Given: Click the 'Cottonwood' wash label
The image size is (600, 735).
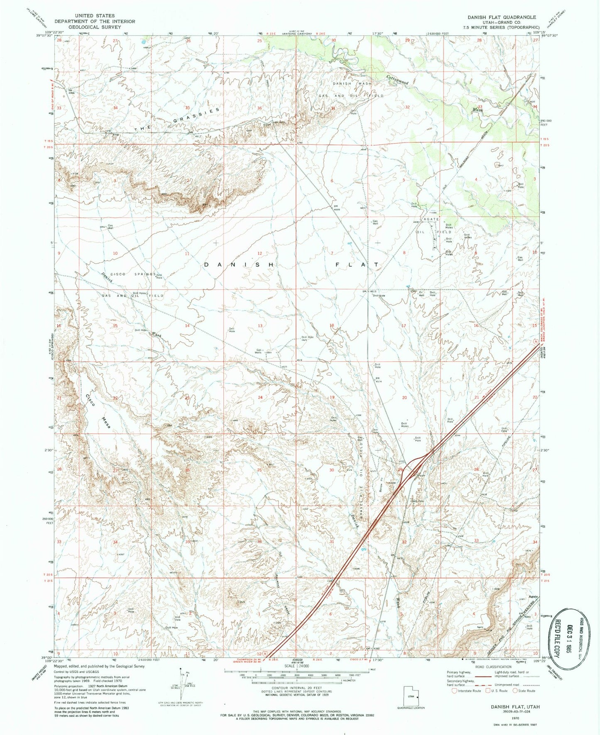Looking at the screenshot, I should click(398, 80).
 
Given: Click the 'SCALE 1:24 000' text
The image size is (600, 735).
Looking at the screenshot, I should click(296, 666).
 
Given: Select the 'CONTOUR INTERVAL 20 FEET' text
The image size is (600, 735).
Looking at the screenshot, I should click(296, 687).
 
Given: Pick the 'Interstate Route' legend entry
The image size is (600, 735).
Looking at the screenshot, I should click(468, 691).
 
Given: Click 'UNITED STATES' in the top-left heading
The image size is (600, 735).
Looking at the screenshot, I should click(95, 16).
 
